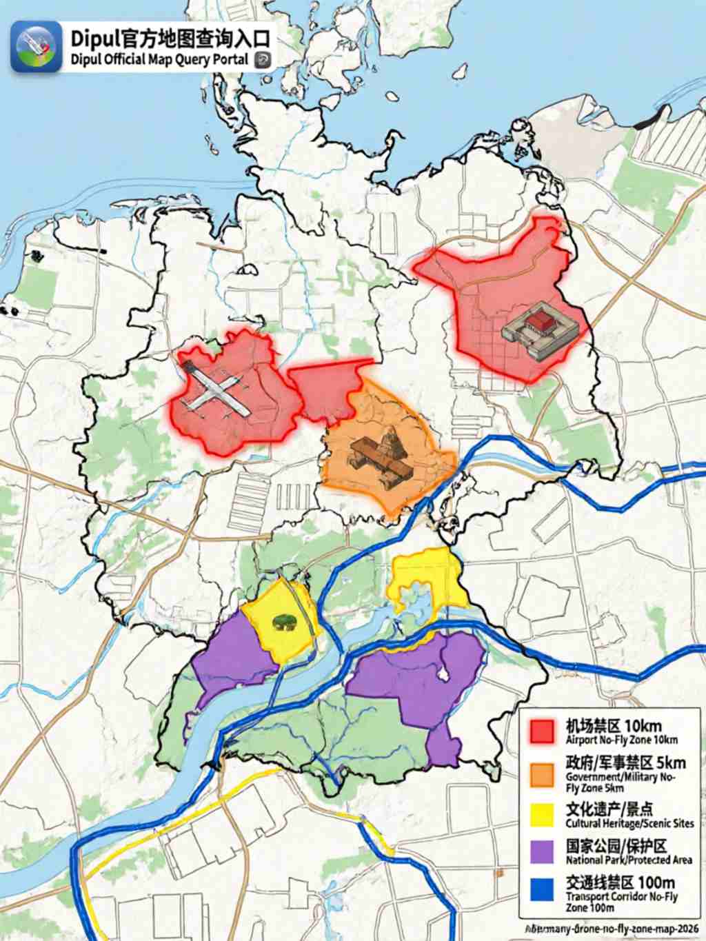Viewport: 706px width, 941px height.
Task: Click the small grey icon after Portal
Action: pos(262,60)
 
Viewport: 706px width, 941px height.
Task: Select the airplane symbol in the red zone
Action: pos(214,392)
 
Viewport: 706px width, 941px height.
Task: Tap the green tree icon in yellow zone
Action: pos(284,623)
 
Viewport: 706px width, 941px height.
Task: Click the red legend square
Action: pos(542,731)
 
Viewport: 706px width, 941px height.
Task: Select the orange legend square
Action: pos(542,774)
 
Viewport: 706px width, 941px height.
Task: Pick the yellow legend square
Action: pos(542,815)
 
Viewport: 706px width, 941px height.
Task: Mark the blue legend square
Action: pos(542,890)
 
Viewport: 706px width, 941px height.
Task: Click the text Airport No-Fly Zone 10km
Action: pos(621,740)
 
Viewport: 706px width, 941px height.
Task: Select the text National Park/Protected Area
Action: pos(618,860)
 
